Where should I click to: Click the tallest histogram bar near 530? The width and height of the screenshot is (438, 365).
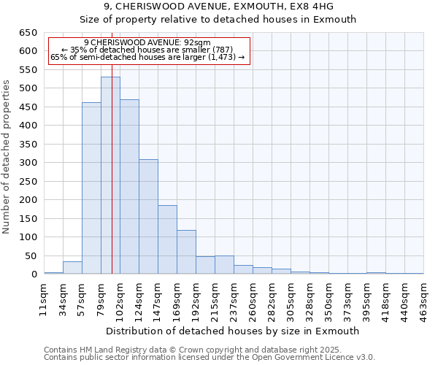click(110, 175)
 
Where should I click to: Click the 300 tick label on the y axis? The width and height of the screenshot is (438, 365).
click(28, 163)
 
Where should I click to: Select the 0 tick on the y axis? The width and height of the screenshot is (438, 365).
click(34, 274)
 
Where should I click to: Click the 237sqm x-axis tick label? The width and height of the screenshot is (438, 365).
click(234, 299)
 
